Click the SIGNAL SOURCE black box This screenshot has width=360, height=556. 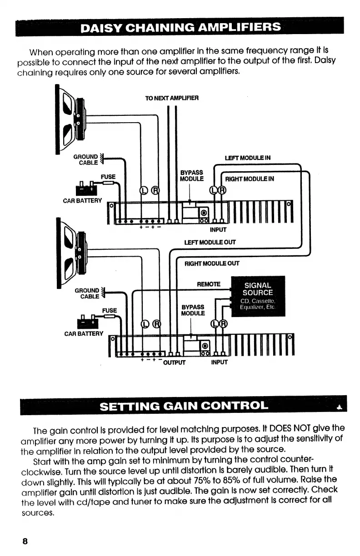pos(258,296)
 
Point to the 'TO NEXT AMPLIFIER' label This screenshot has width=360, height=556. pos(171,98)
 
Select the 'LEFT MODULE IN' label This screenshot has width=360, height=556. pos(248,158)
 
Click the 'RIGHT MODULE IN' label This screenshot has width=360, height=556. pos(250,179)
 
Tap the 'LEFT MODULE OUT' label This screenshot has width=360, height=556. pos(210,242)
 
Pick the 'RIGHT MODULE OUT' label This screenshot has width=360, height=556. pos(211,263)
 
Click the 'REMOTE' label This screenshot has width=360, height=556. pos(208,284)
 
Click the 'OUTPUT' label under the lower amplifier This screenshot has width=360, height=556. pos(175,362)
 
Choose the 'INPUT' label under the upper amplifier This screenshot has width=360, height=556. pos(218,229)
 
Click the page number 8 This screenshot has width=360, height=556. pos(25,541)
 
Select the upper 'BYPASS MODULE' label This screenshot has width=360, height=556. pos(192,176)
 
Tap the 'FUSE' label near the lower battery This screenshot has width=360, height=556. pos(110,310)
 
